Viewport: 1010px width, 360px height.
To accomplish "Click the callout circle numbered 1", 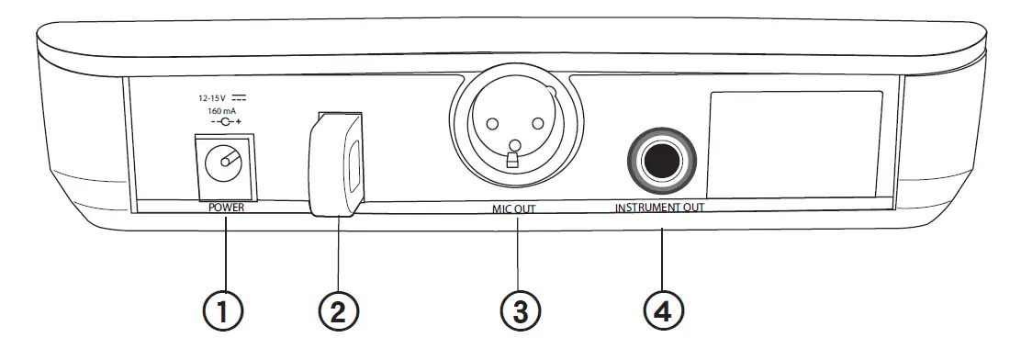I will [x=223, y=309].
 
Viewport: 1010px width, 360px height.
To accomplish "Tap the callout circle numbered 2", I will [x=338, y=309].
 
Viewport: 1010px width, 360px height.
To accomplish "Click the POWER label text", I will [x=226, y=208].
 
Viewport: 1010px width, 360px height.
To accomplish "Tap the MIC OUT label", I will [x=512, y=209].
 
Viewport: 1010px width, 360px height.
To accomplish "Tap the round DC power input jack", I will [x=223, y=167].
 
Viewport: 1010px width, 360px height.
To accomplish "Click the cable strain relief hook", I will [x=335, y=165].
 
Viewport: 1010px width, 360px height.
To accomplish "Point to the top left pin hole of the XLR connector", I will [x=490, y=124].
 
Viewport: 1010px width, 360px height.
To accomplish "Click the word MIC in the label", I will [x=500, y=209].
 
